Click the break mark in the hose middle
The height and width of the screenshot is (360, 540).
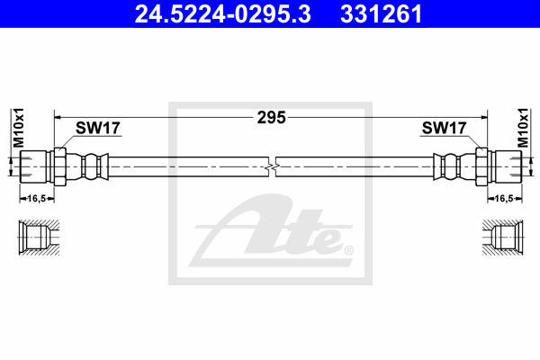[x=271, y=166]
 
